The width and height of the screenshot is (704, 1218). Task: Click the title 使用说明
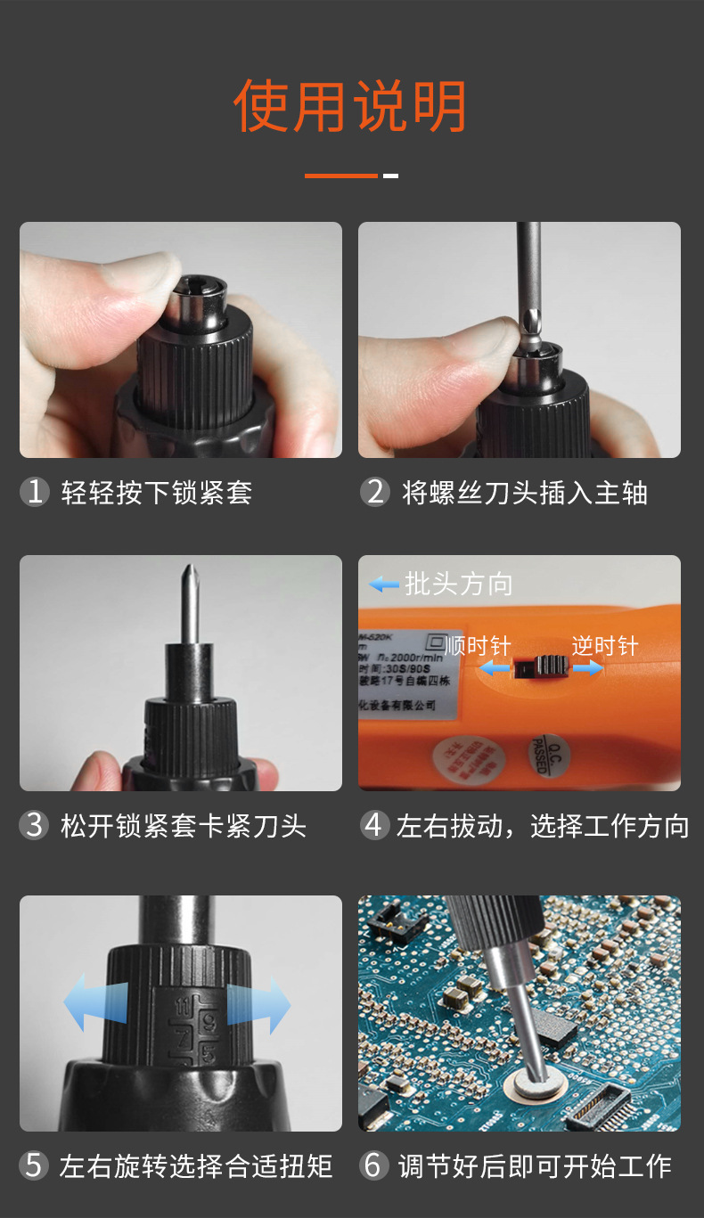[x=350, y=107]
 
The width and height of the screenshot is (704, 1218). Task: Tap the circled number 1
[x=34, y=492]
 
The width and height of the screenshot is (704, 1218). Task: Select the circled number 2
[x=375, y=492]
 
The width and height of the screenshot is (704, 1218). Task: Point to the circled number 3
[x=34, y=825]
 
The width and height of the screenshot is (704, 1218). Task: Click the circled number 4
[x=375, y=825]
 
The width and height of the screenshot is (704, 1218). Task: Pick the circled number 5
[x=34, y=1165]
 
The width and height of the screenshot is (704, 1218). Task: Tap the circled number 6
[x=375, y=1165]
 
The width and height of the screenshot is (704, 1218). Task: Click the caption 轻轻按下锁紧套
[x=157, y=493]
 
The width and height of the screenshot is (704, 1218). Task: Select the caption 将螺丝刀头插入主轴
[x=525, y=493]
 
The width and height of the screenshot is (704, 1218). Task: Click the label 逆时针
[x=605, y=645]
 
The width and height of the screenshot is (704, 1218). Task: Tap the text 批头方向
[x=459, y=584]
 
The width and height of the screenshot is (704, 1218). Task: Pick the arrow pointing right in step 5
[x=260, y=1004]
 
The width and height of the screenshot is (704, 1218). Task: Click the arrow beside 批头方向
[x=384, y=584]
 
